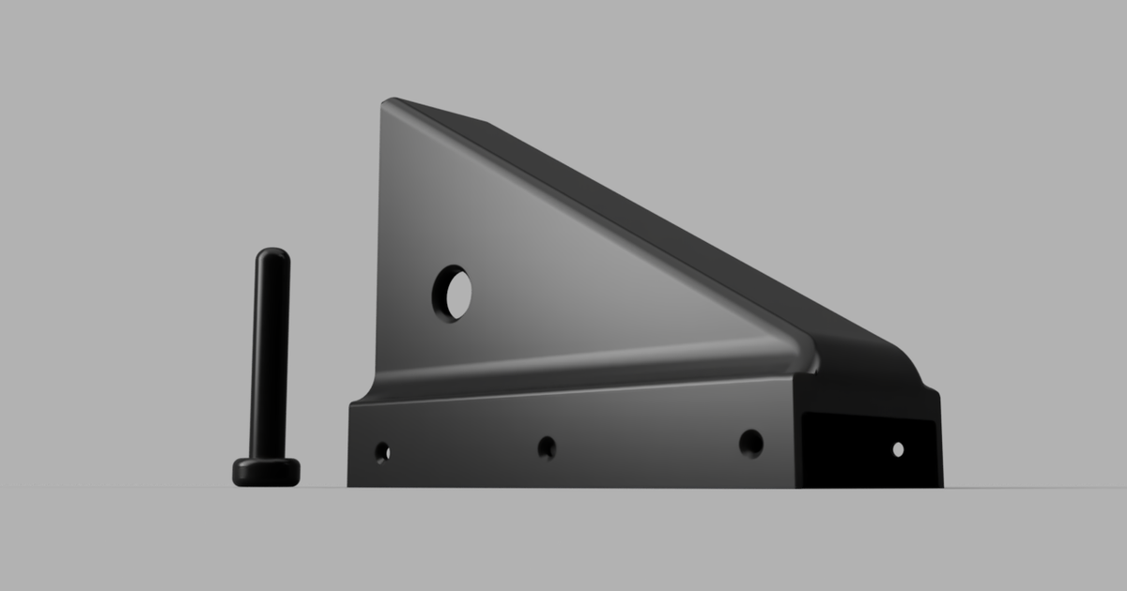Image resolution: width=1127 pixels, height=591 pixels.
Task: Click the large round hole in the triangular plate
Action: coord(453,294)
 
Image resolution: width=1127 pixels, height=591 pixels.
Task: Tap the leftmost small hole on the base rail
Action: coord(382,452)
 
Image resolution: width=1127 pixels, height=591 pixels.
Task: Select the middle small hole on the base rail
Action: coord(547,447)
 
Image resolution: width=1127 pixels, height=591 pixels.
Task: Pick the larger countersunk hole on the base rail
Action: coord(750,443)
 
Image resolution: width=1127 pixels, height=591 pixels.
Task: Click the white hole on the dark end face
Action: coord(898,449)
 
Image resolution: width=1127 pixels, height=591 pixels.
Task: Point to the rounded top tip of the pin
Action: coord(272,253)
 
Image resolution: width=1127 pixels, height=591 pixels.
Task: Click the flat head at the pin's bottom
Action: coord(267,472)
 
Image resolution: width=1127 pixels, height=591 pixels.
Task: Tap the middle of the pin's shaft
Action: coord(270,356)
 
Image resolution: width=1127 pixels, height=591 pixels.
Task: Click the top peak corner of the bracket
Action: coord(388,100)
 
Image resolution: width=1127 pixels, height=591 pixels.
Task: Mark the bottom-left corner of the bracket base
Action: coord(350,484)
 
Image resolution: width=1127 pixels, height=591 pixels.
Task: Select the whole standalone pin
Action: coord(270,375)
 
